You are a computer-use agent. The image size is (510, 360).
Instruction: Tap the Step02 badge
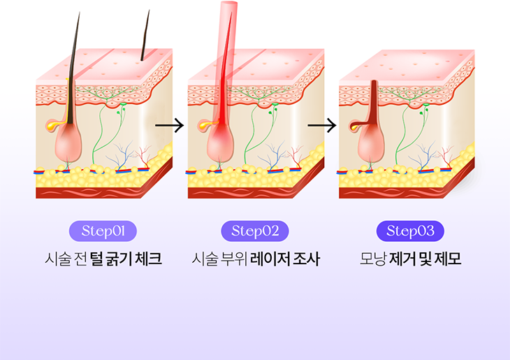pos(254,231)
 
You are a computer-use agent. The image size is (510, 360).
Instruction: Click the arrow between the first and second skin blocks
pos(169,126)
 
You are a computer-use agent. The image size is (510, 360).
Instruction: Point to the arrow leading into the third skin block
pos(321,126)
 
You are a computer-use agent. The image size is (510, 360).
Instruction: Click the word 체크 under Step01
pos(147,259)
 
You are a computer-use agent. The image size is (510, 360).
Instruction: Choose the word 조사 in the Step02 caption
pos(307,259)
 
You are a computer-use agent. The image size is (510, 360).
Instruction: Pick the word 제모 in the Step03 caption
pos(448,259)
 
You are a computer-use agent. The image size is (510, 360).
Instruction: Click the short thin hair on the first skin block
pos(145,35)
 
